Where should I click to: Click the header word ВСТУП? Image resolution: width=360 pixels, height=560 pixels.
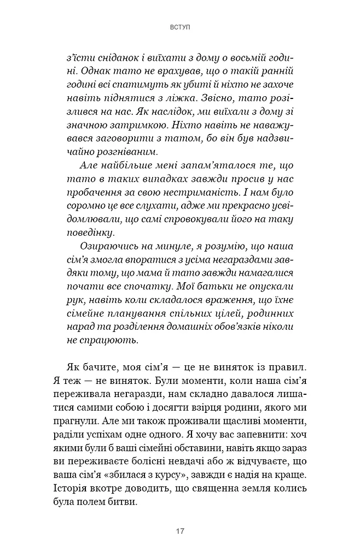pyautogui.click(x=180, y=26)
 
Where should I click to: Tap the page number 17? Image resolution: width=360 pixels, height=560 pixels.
pyautogui.click(x=180, y=531)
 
